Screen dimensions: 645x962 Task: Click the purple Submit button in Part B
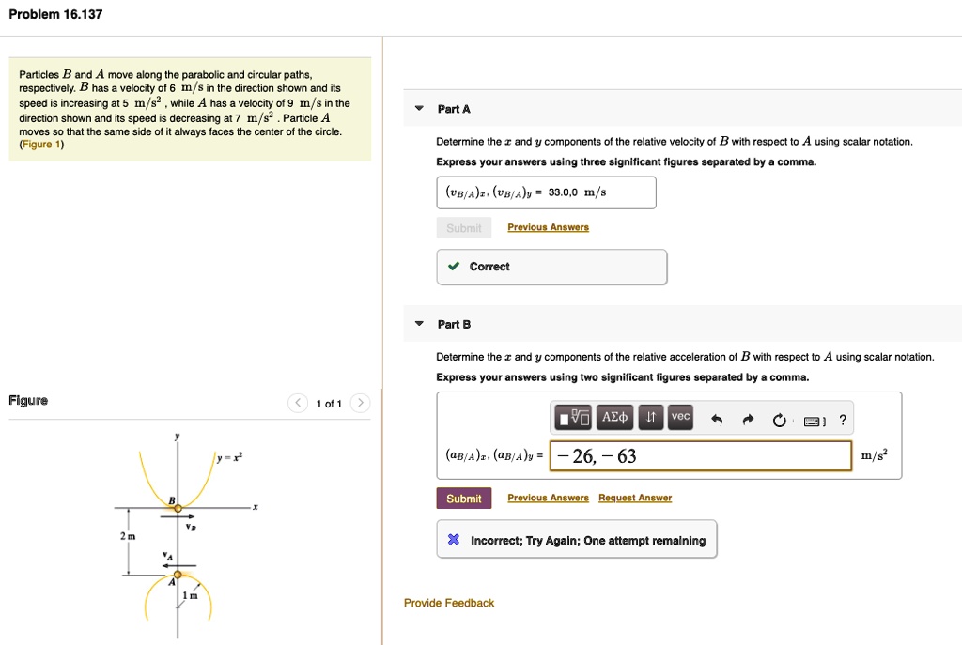coord(463,499)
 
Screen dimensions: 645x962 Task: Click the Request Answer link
coord(635,499)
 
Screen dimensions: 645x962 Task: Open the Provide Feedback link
coord(449,603)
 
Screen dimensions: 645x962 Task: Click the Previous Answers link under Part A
coord(548,227)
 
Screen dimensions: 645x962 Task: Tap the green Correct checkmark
coord(454,267)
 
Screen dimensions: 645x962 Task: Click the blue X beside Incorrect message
coord(454,541)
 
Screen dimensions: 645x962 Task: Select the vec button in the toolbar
coord(680,417)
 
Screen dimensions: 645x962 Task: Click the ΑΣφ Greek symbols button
coord(615,417)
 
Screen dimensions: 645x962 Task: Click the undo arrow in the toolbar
coord(717,421)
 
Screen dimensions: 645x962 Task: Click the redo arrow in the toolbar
coord(748,421)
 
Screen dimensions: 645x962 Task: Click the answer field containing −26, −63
coord(700,456)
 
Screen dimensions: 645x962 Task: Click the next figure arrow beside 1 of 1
coord(361,404)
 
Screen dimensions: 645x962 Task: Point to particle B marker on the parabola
coord(177,508)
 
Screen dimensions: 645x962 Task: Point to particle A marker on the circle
coord(177,575)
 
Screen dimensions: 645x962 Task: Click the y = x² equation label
coord(229,457)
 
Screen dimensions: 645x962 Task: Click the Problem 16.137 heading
coord(55,15)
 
